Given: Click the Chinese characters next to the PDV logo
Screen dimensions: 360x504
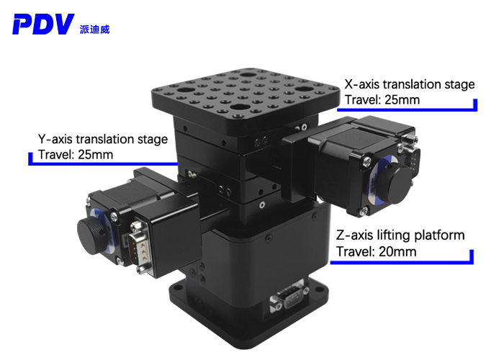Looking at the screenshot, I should [94, 29].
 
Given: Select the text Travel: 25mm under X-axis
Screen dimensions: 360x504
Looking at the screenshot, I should [382, 99].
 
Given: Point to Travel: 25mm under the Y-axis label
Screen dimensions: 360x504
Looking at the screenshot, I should [75, 154].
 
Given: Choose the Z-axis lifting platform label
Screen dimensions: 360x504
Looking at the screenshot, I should [400, 235].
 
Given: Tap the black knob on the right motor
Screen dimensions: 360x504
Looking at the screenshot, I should [395, 180].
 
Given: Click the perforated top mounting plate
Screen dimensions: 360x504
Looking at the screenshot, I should [245, 94].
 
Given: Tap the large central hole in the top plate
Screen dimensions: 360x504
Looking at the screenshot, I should [248, 75].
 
